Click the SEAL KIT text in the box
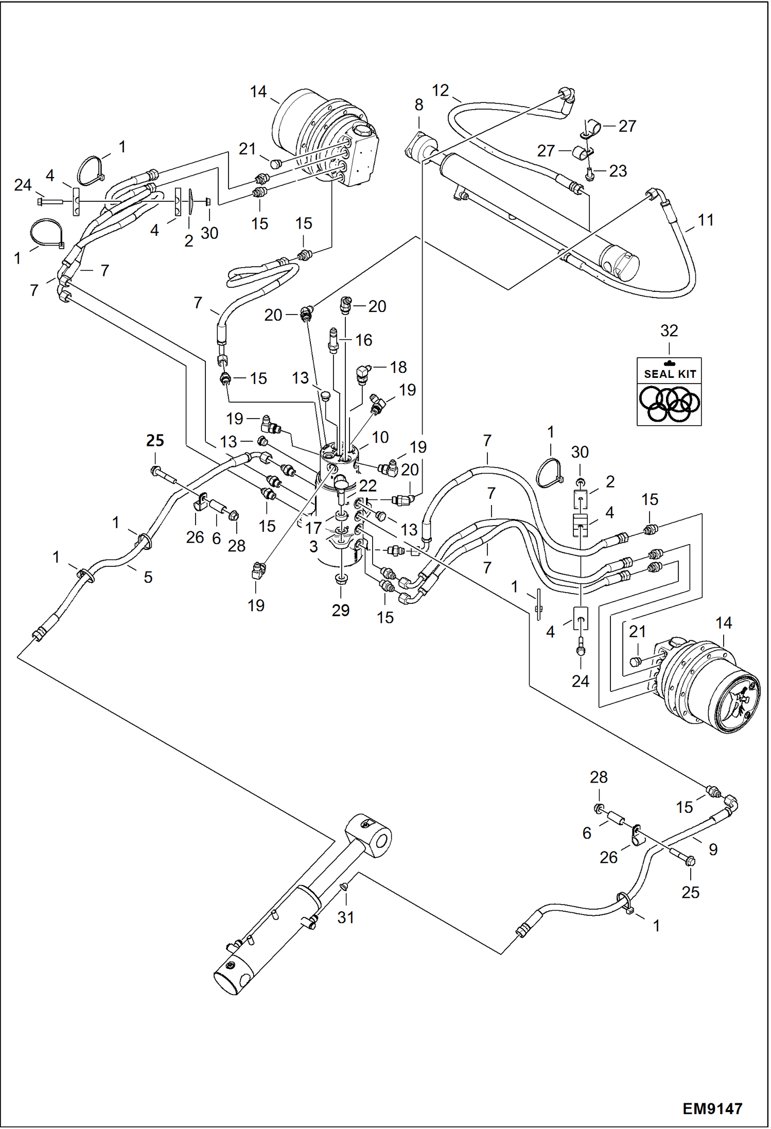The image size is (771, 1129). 670,374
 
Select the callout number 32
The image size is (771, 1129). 669,331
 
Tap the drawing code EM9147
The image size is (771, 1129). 712,1108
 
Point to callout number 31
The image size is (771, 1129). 345,917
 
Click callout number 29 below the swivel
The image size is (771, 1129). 340,610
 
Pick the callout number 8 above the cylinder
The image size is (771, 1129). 418,105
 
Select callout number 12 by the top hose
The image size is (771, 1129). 440,91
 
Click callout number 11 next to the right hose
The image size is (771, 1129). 705,220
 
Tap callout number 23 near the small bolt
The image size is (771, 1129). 618,171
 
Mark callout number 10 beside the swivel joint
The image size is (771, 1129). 380,437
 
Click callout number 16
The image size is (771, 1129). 363,340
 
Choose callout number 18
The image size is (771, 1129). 398,367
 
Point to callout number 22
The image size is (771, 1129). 367,485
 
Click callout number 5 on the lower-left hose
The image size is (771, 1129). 148,577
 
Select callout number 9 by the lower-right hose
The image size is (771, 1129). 713,849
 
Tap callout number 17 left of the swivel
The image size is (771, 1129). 313,528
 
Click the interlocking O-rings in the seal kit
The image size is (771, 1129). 669,404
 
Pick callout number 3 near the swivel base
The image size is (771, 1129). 313,546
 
